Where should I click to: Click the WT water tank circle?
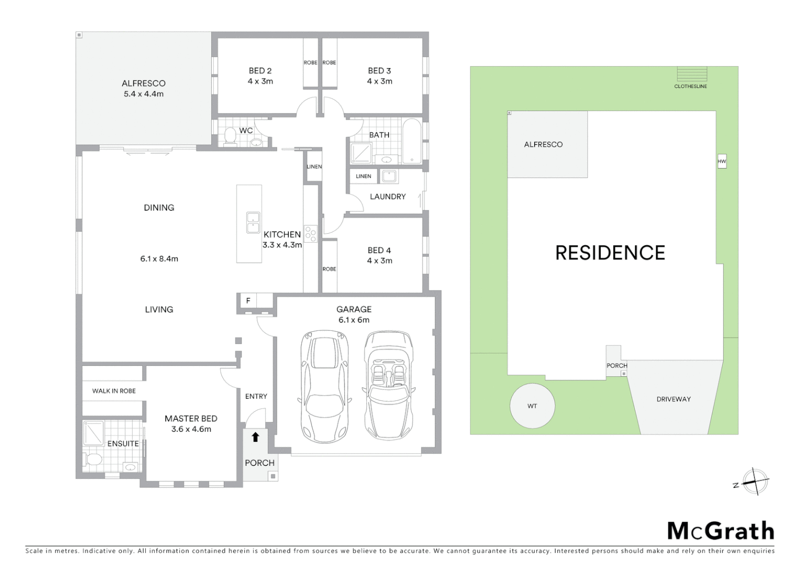point(532,406)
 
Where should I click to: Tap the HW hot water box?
point(722,161)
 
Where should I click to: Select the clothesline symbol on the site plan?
point(691,74)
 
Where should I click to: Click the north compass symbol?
point(755,481)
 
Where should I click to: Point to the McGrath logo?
point(720,531)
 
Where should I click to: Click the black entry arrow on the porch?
point(255,437)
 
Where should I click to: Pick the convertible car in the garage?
point(387,385)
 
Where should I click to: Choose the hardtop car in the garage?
point(325,386)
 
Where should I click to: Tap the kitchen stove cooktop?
point(311,234)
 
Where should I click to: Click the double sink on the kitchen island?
point(253,222)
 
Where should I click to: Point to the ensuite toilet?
point(94,460)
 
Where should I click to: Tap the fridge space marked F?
point(248,301)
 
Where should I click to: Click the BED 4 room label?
point(379,251)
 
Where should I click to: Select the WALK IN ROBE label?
point(114,391)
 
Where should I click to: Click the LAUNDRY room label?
point(387,197)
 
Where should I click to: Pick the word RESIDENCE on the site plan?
point(610,253)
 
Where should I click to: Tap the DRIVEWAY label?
point(674,399)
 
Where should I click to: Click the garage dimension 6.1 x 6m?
point(354,320)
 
